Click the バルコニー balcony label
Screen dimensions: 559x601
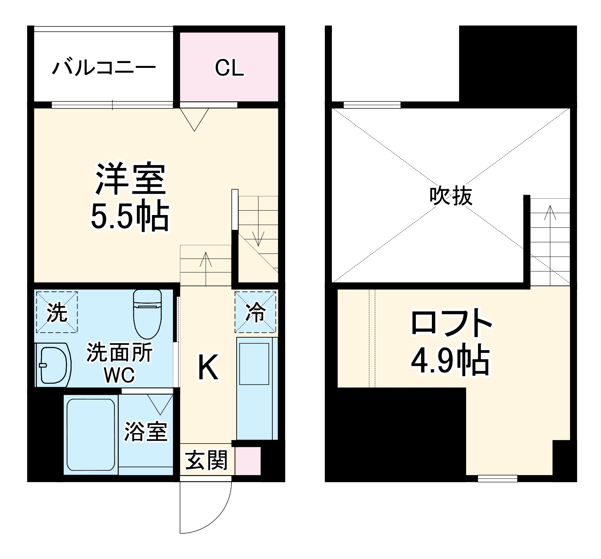click(104, 68)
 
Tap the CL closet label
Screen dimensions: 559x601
click(229, 68)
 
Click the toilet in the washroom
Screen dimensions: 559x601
click(147, 314)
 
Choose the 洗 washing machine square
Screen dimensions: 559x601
click(57, 312)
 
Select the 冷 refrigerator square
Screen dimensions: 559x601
click(256, 312)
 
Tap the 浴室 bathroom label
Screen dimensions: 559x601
click(146, 432)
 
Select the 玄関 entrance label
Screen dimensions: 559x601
click(206, 460)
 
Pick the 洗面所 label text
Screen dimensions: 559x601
click(120, 352)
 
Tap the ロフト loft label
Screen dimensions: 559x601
click(451, 323)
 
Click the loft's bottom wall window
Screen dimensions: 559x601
click(497, 478)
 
